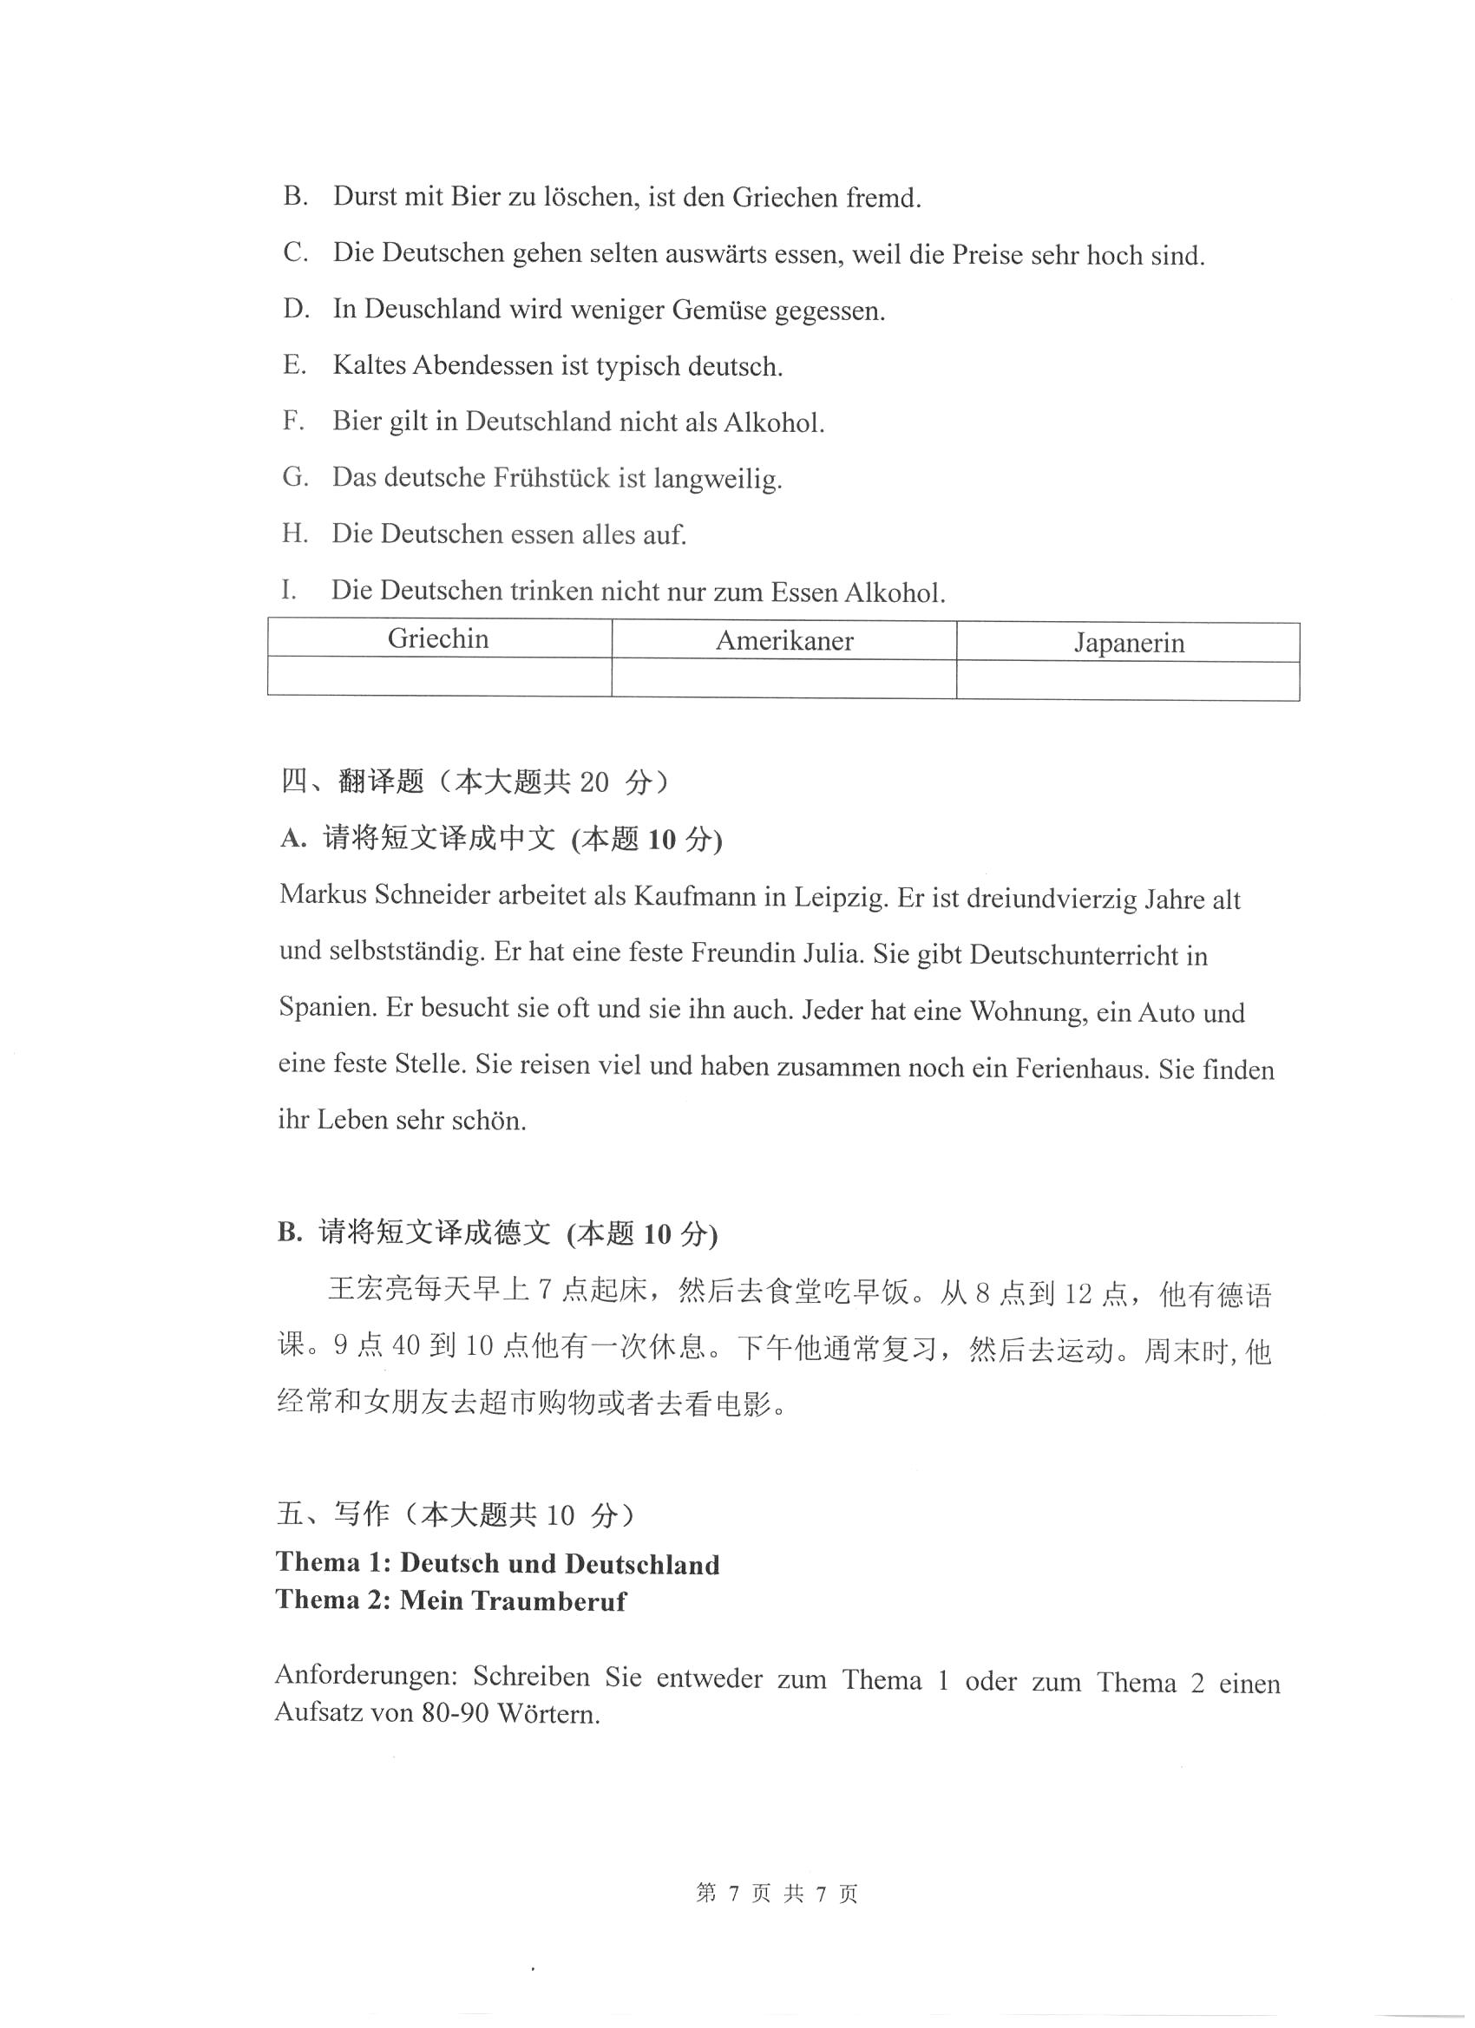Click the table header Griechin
pos(438,639)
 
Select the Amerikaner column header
pos(784,641)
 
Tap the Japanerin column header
pos(1129,643)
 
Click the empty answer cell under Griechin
pos(439,677)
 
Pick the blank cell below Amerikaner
pos(784,678)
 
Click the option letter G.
pos(294,477)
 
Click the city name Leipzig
pos(841,897)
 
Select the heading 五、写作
pos(334,1514)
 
